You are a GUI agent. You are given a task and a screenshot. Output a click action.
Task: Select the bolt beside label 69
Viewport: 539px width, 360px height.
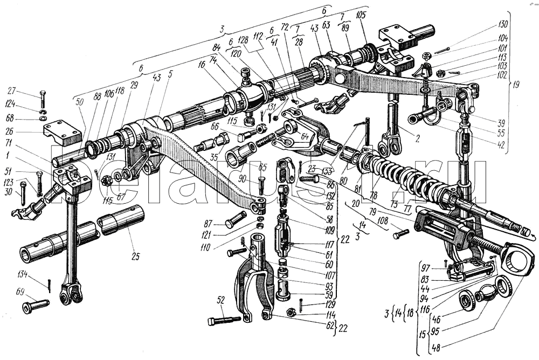36,306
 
